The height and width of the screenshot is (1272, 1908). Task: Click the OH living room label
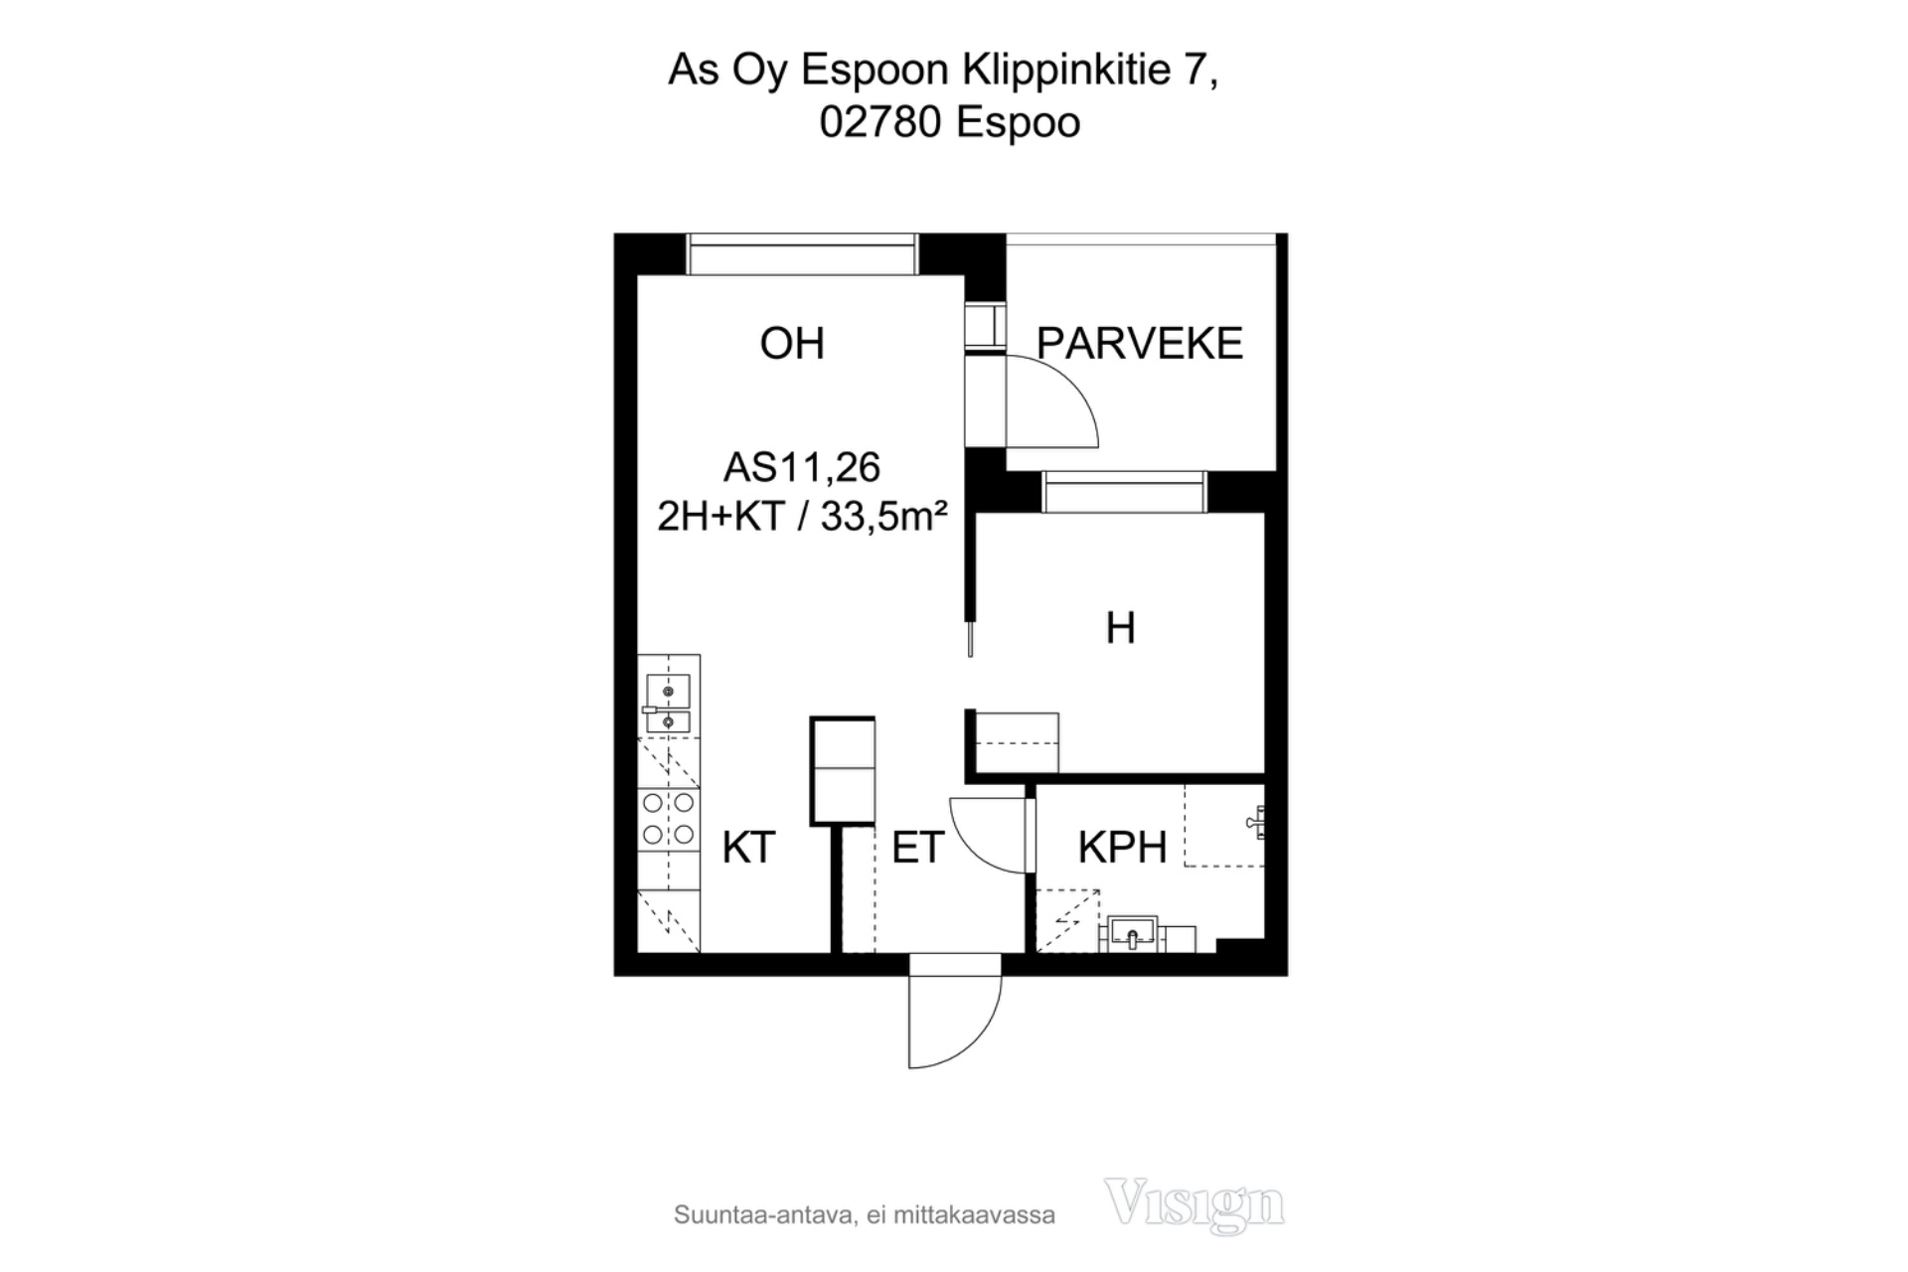pyautogui.click(x=792, y=343)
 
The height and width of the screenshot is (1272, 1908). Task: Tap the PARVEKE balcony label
pyautogui.click(x=1140, y=343)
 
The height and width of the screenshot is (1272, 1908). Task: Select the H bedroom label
pyautogui.click(x=1120, y=628)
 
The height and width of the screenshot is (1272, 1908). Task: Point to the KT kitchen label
pyautogui.click(x=748, y=848)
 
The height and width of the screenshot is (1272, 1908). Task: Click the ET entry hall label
pyautogui.click(x=917, y=848)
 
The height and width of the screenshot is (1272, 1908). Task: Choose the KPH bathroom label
pyautogui.click(x=1122, y=848)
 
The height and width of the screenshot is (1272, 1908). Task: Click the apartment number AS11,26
pyautogui.click(x=802, y=467)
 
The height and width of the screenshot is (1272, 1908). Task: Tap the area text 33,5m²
pyautogui.click(x=883, y=517)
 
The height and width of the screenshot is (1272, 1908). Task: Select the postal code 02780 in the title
pyautogui.click(x=880, y=123)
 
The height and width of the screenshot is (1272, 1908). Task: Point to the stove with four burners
pyautogui.click(x=668, y=819)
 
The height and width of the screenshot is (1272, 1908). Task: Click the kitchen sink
pyautogui.click(x=668, y=704)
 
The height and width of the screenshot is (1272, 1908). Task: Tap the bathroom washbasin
pyautogui.click(x=1133, y=934)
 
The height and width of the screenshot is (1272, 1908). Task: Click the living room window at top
pyautogui.click(x=801, y=254)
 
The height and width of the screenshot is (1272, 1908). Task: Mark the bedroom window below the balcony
pyautogui.click(x=1124, y=492)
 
